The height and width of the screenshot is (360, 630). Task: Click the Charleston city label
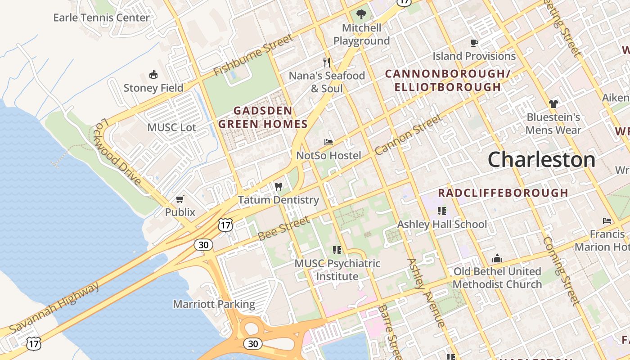point(541,160)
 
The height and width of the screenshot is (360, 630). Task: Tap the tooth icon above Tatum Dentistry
point(278,186)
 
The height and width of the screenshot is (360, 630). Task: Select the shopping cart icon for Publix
point(180,199)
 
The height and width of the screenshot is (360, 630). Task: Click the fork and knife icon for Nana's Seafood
point(327,62)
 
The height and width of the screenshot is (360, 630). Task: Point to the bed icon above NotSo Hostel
point(328,142)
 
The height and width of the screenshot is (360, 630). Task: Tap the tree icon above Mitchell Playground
point(361,14)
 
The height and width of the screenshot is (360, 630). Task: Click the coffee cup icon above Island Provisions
point(474,43)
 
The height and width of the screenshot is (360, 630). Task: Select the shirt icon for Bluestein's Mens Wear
point(553,104)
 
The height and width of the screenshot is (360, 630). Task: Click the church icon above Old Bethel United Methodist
point(497,258)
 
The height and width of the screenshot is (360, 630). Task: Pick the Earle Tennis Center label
point(101,18)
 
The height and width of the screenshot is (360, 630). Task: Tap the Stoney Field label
point(153,88)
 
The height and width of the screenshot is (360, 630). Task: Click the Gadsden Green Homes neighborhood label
point(263,117)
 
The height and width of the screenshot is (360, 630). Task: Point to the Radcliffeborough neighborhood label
point(503,193)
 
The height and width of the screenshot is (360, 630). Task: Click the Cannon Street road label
point(408,135)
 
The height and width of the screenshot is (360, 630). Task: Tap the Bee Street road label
point(284,228)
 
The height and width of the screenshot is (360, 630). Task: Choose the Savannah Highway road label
point(54,308)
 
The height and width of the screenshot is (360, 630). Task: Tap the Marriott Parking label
point(214,304)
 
